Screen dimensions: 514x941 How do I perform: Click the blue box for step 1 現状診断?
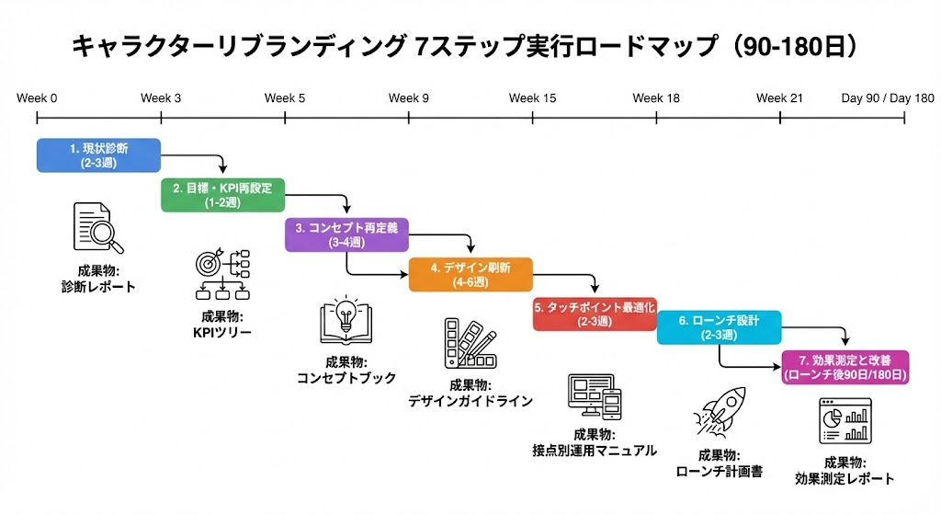point(98,154)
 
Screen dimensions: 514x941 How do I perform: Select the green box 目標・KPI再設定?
point(222,195)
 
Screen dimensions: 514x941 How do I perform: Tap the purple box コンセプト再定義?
point(346,234)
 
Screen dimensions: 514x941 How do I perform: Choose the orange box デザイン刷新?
point(470,274)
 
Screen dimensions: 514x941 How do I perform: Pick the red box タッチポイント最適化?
point(595,314)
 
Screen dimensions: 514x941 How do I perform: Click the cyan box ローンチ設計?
point(719,327)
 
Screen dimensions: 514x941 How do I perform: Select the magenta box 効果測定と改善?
point(844,367)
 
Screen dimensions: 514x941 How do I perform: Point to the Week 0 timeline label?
point(37,98)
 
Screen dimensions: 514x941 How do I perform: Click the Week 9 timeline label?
point(408,98)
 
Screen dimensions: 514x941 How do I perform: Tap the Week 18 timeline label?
point(656,98)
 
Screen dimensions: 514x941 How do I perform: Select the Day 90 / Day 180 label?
point(887,98)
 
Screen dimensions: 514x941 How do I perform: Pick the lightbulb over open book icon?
point(346,322)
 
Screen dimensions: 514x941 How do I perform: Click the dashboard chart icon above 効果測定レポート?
point(844,423)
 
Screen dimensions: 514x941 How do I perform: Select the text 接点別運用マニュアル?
point(595,451)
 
